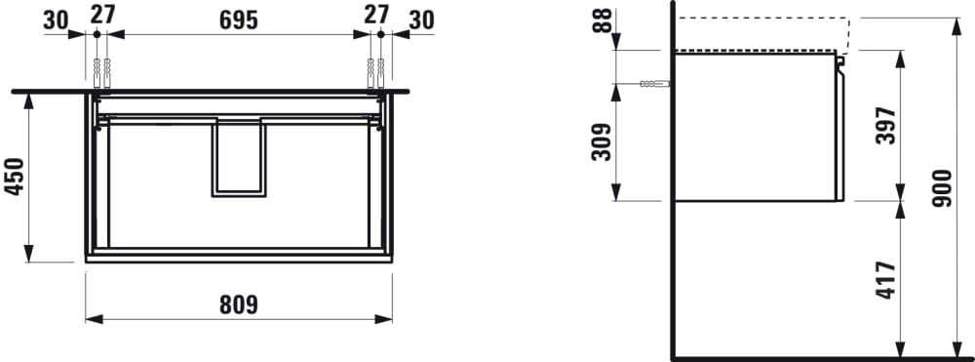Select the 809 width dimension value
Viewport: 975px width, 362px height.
[x=238, y=304]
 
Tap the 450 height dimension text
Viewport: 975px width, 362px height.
[x=15, y=177]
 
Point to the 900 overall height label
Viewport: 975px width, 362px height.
[x=943, y=188]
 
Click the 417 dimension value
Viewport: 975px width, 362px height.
[x=885, y=280]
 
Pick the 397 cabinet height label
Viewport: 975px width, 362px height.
[x=885, y=126]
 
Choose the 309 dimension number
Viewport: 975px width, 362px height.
[x=602, y=141]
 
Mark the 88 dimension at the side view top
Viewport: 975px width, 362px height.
[x=602, y=20]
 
